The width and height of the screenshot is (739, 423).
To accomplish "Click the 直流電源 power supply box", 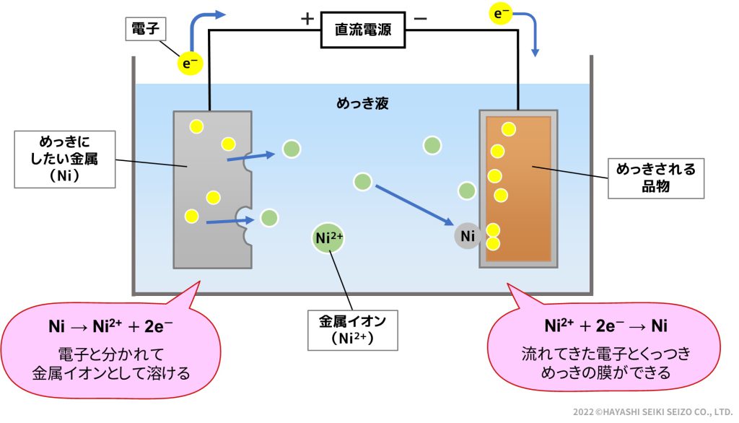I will click(362, 30).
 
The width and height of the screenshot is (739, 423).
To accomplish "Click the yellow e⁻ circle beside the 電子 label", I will click(191, 64).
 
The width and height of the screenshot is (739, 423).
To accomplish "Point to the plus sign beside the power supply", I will click(307, 19).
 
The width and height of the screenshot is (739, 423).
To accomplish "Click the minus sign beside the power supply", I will click(421, 19).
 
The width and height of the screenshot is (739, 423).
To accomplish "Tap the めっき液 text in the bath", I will click(363, 103).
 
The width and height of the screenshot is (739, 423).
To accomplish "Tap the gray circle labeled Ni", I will click(468, 235).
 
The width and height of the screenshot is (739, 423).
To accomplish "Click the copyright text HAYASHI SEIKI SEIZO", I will click(653, 411).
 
